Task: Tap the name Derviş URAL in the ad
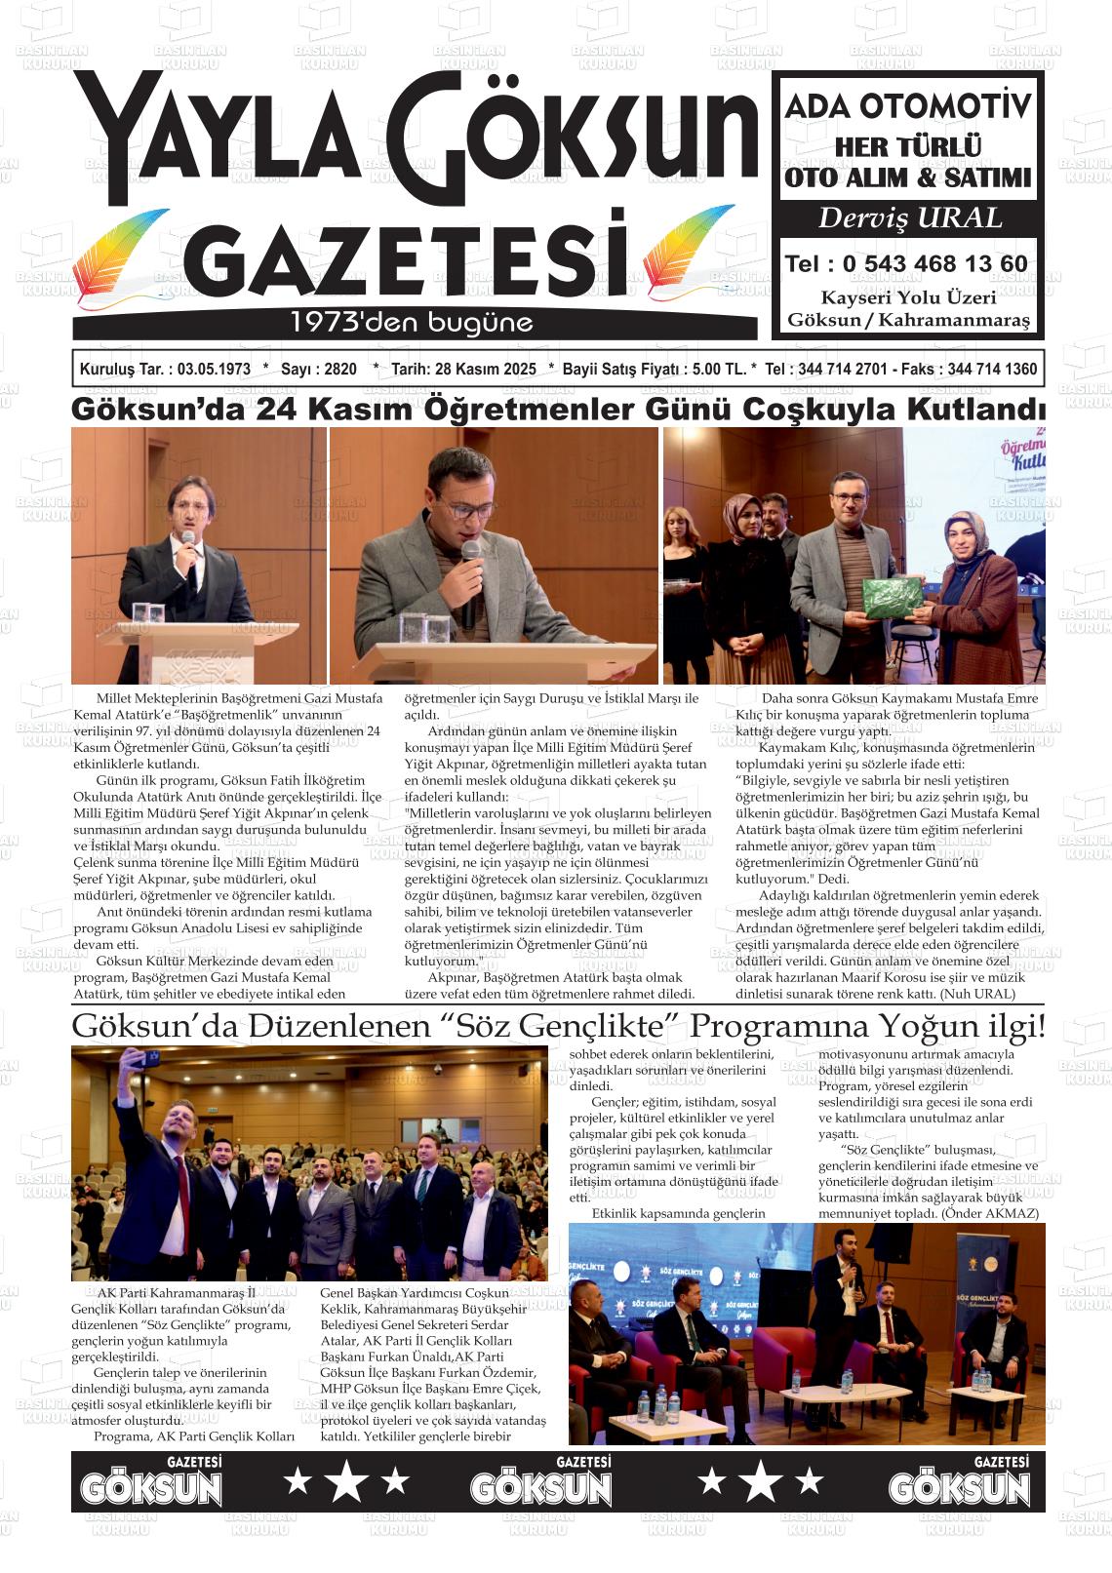[909, 218]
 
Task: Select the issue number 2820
[338, 370]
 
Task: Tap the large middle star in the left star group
[346, 1482]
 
